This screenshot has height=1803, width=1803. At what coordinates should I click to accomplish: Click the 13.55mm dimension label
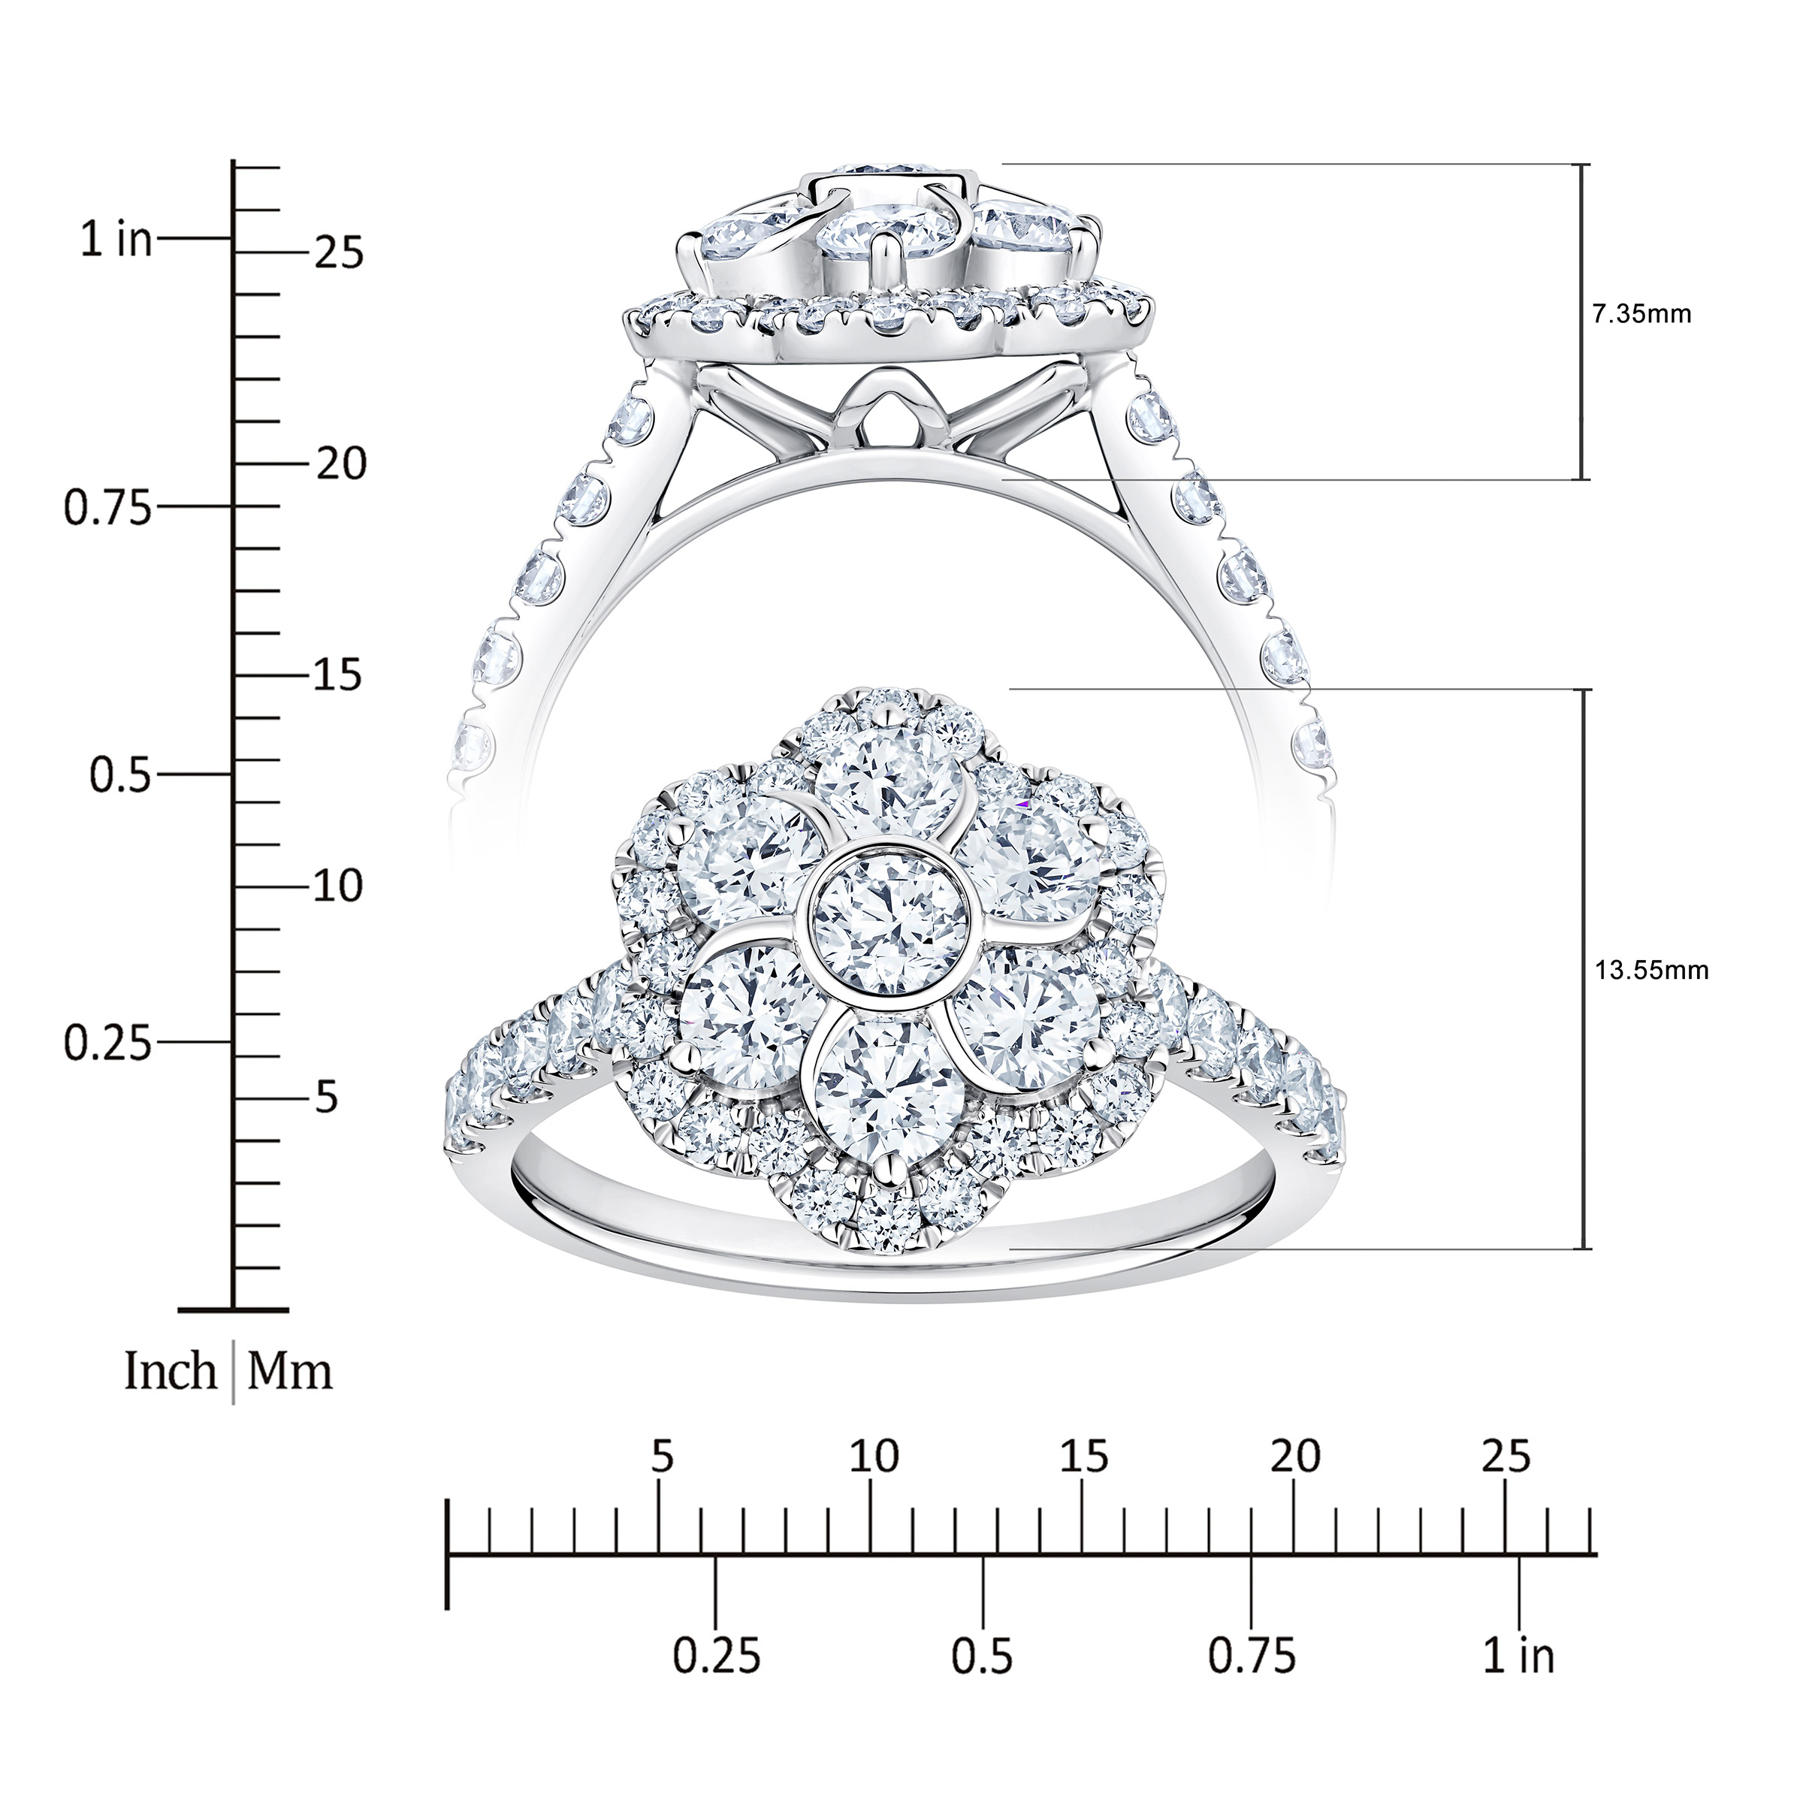1651,971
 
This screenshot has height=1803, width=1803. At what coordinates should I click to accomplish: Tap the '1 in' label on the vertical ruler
116,240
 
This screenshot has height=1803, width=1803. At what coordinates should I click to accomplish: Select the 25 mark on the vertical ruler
339,253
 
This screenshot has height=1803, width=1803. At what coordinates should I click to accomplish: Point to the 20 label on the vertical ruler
340,464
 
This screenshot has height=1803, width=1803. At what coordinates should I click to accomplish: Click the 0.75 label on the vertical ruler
107,509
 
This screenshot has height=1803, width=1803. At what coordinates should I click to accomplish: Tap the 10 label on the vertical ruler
338,886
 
